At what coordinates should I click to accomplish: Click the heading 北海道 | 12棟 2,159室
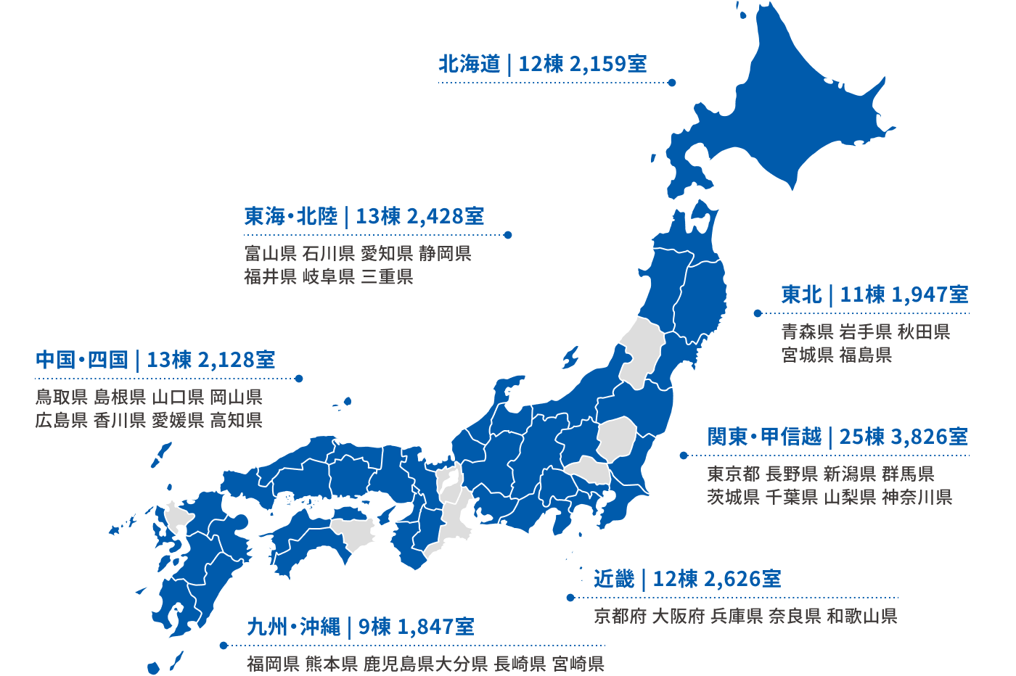(542, 64)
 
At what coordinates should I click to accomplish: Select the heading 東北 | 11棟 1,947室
(874, 294)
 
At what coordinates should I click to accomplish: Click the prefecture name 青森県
(807, 332)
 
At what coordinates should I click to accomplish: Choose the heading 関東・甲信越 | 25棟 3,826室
(837, 437)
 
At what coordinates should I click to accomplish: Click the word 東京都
(733, 474)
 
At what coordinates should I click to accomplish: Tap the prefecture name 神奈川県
(917, 498)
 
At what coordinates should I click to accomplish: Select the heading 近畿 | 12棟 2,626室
(687, 579)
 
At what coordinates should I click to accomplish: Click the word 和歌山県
(862, 617)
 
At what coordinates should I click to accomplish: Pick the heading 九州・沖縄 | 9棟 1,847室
(361, 627)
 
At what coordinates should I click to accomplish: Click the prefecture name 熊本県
(331, 664)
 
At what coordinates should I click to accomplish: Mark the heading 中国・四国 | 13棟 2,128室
(155, 360)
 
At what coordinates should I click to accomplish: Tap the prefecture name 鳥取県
(62, 397)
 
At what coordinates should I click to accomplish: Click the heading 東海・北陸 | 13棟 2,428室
(364, 216)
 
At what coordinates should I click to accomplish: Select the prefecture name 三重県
(387, 277)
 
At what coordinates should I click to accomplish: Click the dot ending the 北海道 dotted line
(672, 83)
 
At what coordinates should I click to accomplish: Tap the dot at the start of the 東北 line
(758, 313)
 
